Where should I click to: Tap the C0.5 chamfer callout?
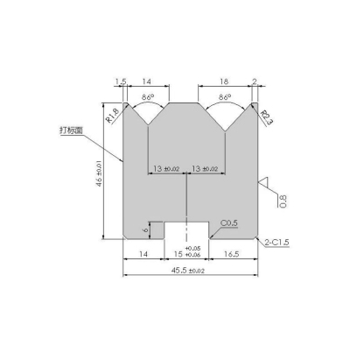(230, 224)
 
